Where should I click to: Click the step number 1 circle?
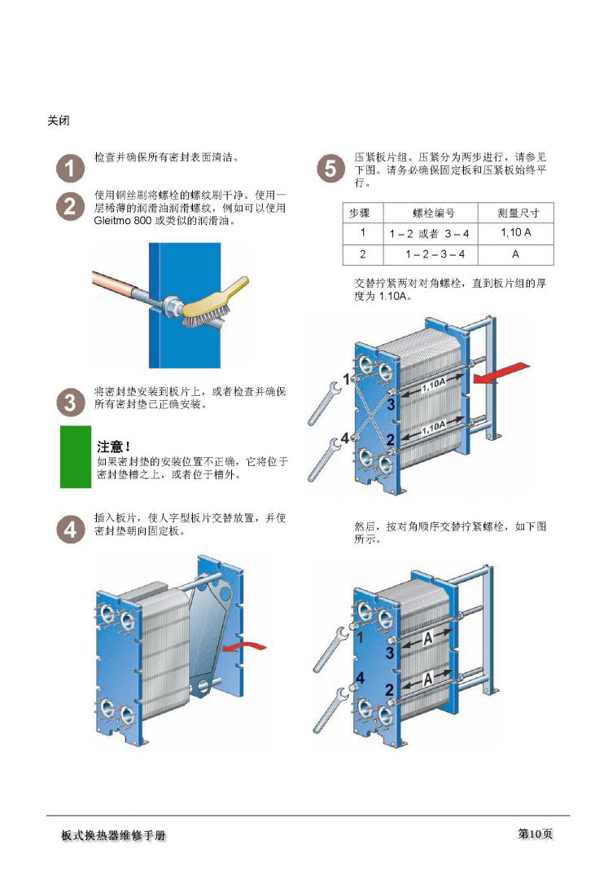(70, 169)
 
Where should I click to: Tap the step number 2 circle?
(70, 206)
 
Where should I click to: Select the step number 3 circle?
(70, 402)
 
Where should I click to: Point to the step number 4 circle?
(70, 530)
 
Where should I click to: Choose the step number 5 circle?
(330, 169)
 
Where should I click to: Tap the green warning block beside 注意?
(76, 456)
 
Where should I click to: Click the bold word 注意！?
(113, 447)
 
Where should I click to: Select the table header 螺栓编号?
(433, 213)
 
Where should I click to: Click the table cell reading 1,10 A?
(516, 232)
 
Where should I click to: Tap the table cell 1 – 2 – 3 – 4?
(434, 254)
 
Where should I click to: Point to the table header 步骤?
(359, 213)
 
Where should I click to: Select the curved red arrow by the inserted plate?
(244, 646)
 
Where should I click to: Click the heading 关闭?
(59, 121)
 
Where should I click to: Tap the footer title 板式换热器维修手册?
(114, 835)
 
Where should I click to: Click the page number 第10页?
(535, 834)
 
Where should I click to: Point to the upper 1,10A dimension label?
(433, 385)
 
